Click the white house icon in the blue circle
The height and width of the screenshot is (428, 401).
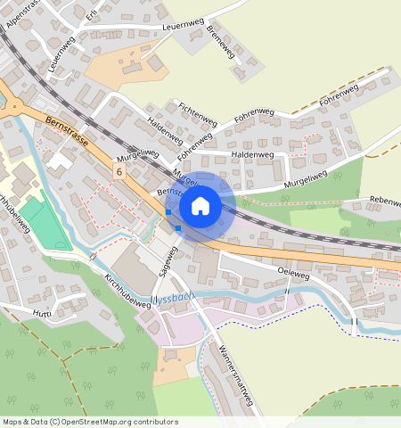coord(200,206)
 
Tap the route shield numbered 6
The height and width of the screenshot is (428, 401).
coord(119,169)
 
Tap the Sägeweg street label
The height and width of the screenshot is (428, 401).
coord(168,259)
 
